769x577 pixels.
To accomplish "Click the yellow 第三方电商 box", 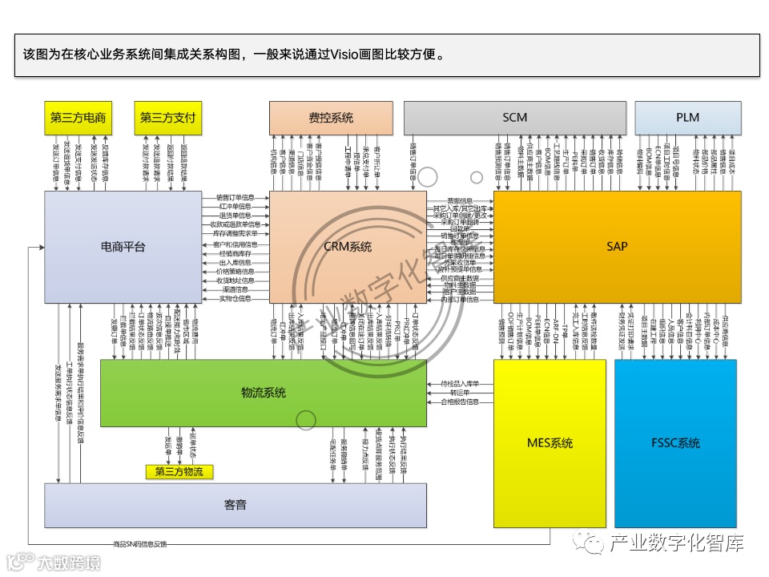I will click(78, 118).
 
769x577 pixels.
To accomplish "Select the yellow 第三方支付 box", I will click(167, 118).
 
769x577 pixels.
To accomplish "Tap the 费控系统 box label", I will click(331, 118).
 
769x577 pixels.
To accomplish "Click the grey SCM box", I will click(514, 118).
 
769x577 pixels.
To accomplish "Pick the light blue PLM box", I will click(687, 118).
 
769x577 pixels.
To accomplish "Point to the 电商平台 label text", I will click(123, 247).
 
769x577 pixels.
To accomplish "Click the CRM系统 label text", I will click(348, 247).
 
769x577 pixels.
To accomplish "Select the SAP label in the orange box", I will click(617, 247).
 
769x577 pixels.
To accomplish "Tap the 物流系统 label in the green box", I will click(263, 393).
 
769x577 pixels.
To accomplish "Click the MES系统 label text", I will click(550, 443).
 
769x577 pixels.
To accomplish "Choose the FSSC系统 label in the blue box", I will click(676, 443).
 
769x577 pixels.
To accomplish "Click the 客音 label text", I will click(235, 505).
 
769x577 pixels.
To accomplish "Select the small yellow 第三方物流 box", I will click(179, 472).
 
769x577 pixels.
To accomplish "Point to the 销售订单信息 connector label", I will click(236, 196).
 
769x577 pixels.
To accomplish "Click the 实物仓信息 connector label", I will click(236, 299).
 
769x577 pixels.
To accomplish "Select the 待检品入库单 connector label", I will click(459, 383).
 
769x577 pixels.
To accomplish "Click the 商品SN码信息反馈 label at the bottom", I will click(140, 545).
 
